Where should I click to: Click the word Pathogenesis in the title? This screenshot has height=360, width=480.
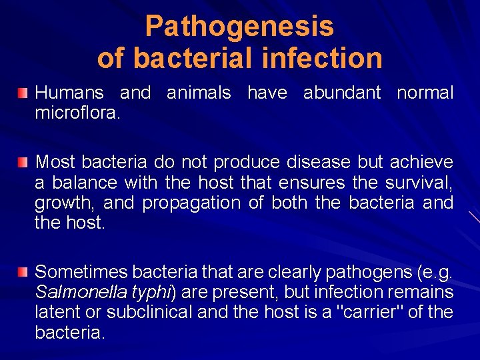pyautogui.click(x=239, y=27)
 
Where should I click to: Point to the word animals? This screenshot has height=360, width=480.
pyautogui.click(x=199, y=93)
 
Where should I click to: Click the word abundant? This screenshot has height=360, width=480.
pyautogui.click(x=343, y=93)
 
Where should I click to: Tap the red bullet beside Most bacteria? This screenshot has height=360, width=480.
pyautogui.click(x=23, y=162)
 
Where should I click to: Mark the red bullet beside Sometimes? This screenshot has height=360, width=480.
pyautogui.click(x=23, y=271)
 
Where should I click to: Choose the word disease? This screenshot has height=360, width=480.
pyautogui.click(x=317, y=162)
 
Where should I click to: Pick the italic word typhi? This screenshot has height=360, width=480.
pyautogui.click(x=150, y=292)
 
